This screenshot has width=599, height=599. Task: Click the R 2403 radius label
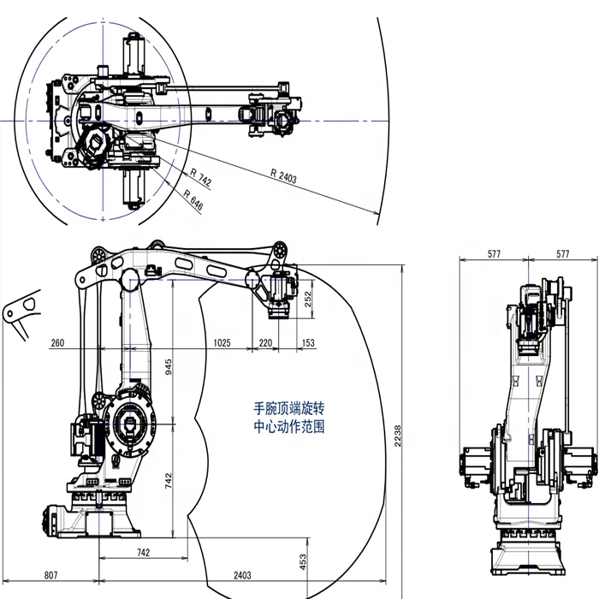coord(283,176)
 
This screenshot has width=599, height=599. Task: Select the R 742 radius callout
coord(200,178)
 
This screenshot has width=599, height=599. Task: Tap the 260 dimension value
coord(57,342)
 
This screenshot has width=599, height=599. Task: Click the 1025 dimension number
coord(221,342)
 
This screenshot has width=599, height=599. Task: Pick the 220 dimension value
coord(264,342)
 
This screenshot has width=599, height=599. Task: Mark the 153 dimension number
coord(307,342)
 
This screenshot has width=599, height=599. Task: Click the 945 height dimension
coord(169,365)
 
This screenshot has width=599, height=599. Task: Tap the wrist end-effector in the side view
coord(276,295)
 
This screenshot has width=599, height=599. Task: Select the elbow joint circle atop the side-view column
coord(129,279)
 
